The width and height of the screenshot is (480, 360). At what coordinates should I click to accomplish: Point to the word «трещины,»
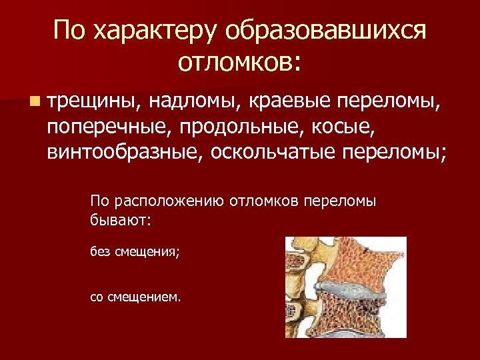tap(93, 103)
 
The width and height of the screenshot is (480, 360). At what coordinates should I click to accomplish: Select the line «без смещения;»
tap(135, 252)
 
